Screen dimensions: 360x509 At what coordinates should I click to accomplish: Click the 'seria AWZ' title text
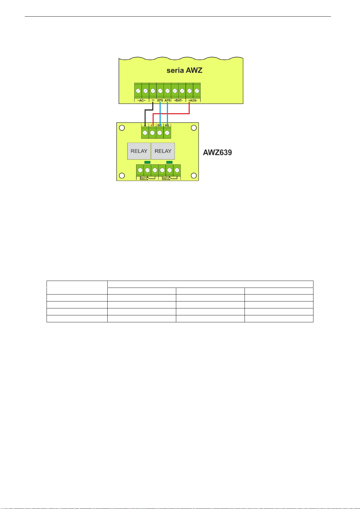point(184,70)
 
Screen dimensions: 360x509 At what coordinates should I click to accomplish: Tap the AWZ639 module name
point(217,153)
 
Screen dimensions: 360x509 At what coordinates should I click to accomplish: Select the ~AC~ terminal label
point(141,100)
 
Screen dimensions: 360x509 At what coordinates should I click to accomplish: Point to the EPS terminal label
point(160,100)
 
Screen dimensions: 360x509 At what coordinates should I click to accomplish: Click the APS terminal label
point(167,100)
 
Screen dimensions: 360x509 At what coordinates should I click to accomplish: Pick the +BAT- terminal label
point(178,100)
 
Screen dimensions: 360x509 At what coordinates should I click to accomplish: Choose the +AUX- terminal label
point(193,100)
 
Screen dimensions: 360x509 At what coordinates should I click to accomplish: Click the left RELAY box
point(139,151)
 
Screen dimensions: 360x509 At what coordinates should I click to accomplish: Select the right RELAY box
point(163,151)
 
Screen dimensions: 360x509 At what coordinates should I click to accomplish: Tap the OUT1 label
point(144,178)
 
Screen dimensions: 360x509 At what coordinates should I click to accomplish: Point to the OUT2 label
point(166,178)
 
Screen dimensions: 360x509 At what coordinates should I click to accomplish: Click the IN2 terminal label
point(167,125)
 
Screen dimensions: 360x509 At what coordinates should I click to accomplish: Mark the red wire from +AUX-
point(172,114)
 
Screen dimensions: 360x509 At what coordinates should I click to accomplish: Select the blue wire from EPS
point(160,113)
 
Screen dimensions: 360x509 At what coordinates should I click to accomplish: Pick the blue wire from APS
point(167,113)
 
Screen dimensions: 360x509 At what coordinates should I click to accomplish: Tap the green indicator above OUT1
point(147,162)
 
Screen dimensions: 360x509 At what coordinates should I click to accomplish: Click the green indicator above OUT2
point(169,162)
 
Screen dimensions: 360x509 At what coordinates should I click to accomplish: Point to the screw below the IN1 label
point(160,133)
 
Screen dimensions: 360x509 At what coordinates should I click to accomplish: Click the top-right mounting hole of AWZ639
point(194,128)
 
